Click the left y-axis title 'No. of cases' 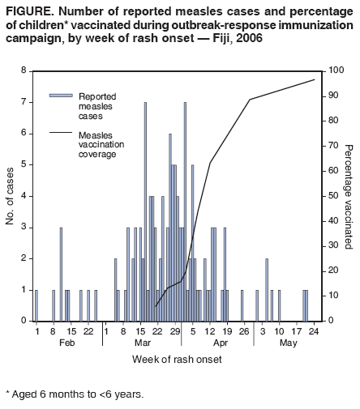tap(11, 196)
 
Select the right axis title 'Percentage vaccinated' tap(349, 196)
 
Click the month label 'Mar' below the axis tap(141, 343)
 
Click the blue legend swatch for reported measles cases tap(61, 96)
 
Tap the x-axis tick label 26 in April tap(243, 330)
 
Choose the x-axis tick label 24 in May tap(313, 330)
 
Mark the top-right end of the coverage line tap(315, 79)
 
